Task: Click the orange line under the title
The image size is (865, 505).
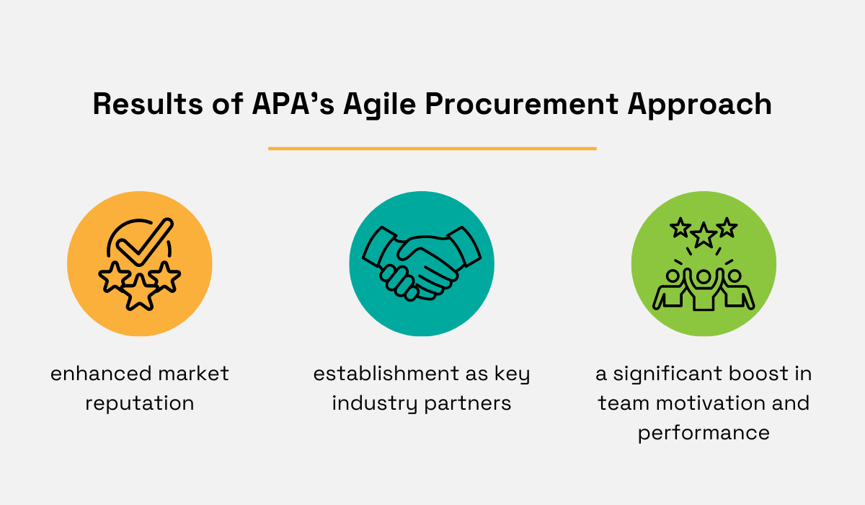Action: pos(432,149)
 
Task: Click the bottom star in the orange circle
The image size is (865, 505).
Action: pos(140,293)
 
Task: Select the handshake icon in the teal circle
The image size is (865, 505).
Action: pos(422,264)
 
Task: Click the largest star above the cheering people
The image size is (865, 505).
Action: pos(703,234)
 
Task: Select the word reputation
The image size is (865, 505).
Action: pos(140,403)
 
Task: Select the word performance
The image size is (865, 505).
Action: pos(704,432)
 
